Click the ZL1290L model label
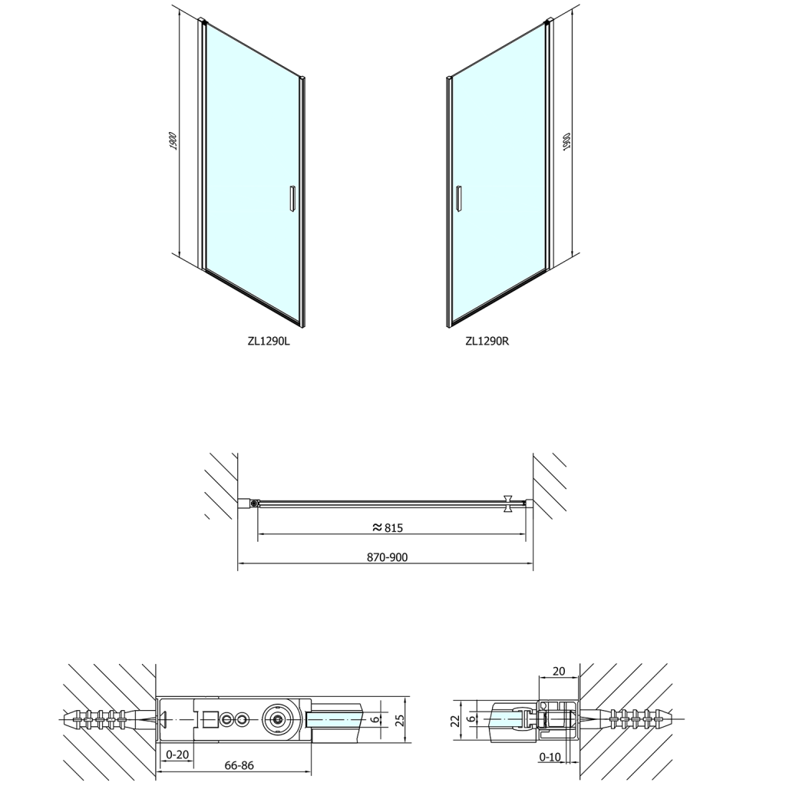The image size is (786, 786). pyautogui.click(x=268, y=342)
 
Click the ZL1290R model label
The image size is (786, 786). pyautogui.click(x=487, y=342)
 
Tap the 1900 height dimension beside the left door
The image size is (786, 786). pyautogui.click(x=173, y=140)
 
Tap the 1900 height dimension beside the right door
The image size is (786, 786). pyautogui.click(x=566, y=142)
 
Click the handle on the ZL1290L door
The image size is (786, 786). pyautogui.click(x=292, y=199)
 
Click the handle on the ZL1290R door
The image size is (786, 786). pyautogui.click(x=458, y=199)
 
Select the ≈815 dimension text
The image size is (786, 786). pyautogui.click(x=388, y=527)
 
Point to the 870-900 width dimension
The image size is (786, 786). pyautogui.click(x=388, y=557)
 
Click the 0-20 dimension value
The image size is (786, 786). pyautogui.click(x=177, y=755)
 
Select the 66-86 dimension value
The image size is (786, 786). pyautogui.click(x=239, y=765)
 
